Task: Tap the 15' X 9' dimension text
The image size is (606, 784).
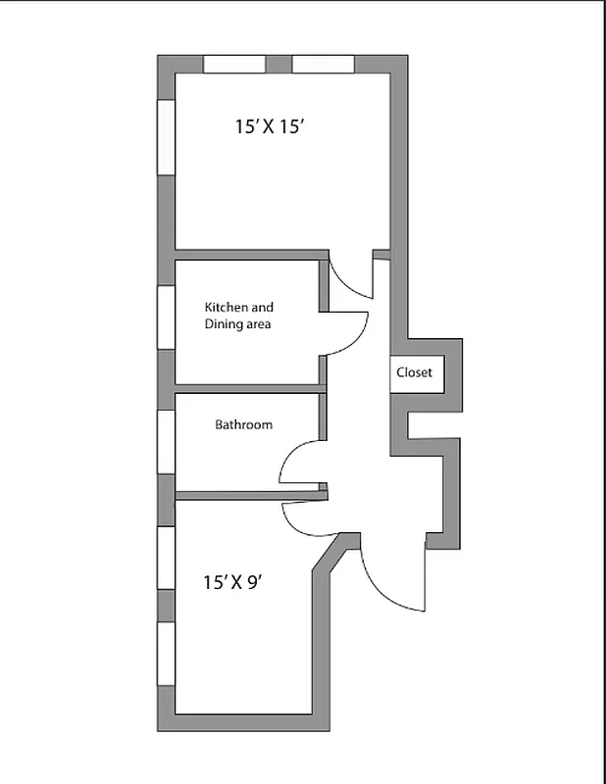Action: (x=231, y=582)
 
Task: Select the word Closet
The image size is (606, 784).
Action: (x=414, y=372)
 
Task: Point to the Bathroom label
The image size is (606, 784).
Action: (x=244, y=425)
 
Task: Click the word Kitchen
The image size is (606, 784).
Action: (x=226, y=307)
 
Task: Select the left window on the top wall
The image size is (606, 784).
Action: (x=234, y=64)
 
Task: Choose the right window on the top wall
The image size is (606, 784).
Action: (x=323, y=64)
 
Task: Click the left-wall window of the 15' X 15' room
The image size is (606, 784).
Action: (x=166, y=136)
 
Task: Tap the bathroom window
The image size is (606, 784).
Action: (x=166, y=441)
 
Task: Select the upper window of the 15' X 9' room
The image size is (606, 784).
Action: (x=166, y=558)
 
